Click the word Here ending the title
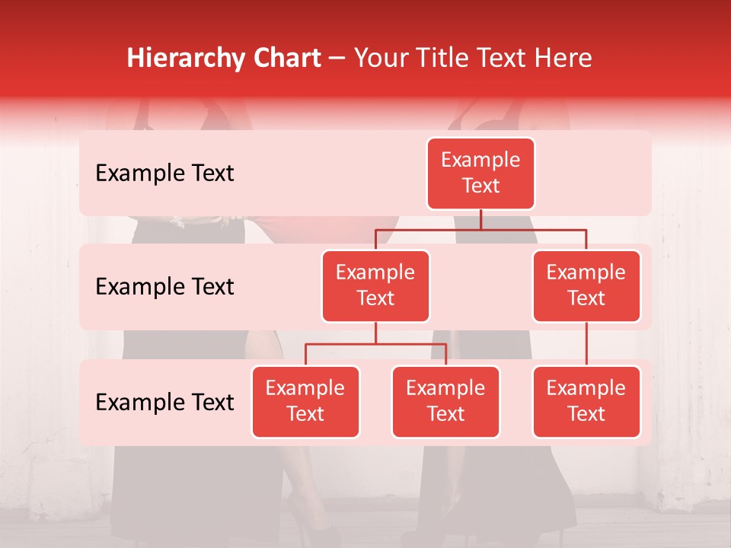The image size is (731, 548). coord(562,58)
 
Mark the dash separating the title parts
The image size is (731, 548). coord(335,59)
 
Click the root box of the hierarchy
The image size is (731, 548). coord(480,173)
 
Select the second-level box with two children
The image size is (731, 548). coord(375,285)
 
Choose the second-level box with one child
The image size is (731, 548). coord(586,285)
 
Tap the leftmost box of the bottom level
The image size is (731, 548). coord(305,401)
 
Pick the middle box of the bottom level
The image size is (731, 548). coord(445,401)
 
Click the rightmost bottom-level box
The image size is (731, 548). coord(586,401)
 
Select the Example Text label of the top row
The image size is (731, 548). coord(164,174)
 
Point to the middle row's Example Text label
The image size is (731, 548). coord(164,287)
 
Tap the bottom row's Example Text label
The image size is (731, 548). coord(164,402)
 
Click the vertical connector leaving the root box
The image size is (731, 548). coord(480,219)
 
